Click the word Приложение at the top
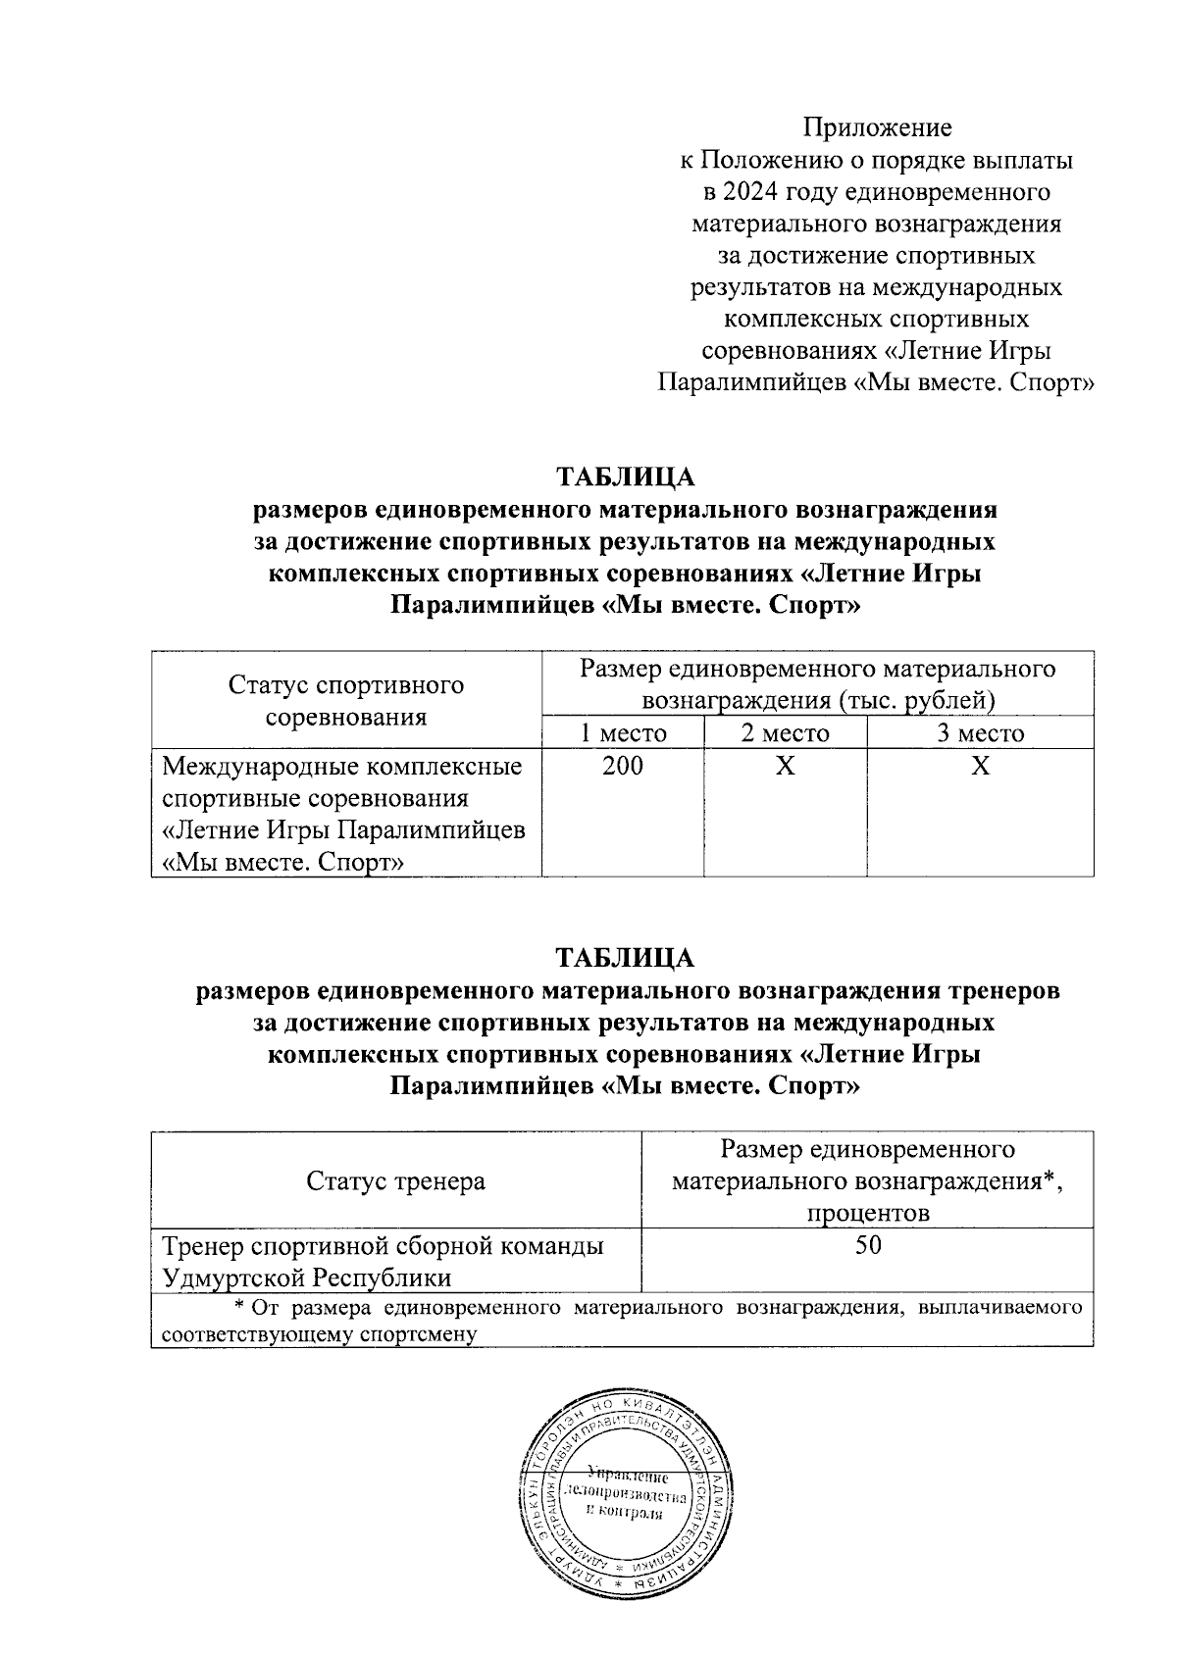pyautogui.click(x=877, y=128)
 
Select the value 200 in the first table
pyautogui.click(x=622, y=766)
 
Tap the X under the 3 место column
pyautogui.click(x=979, y=766)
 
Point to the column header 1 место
pyautogui.click(x=622, y=733)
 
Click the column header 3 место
pyautogui.click(x=979, y=733)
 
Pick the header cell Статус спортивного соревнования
pyautogui.click(x=345, y=700)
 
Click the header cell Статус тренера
pyautogui.click(x=395, y=1180)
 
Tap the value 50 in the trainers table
pyautogui.click(x=867, y=1246)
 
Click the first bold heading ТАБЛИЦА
pyautogui.click(x=625, y=477)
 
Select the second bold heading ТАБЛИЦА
pyautogui.click(x=625, y=958)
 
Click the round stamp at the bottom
pyautogui.click(x=626, y=1495)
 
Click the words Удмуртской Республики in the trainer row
pyautogui.click(x=307, y=1277)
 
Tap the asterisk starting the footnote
pyautogui.click(x=238, y=1308)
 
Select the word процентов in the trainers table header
pyautogui.click(x=867, y=1213)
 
